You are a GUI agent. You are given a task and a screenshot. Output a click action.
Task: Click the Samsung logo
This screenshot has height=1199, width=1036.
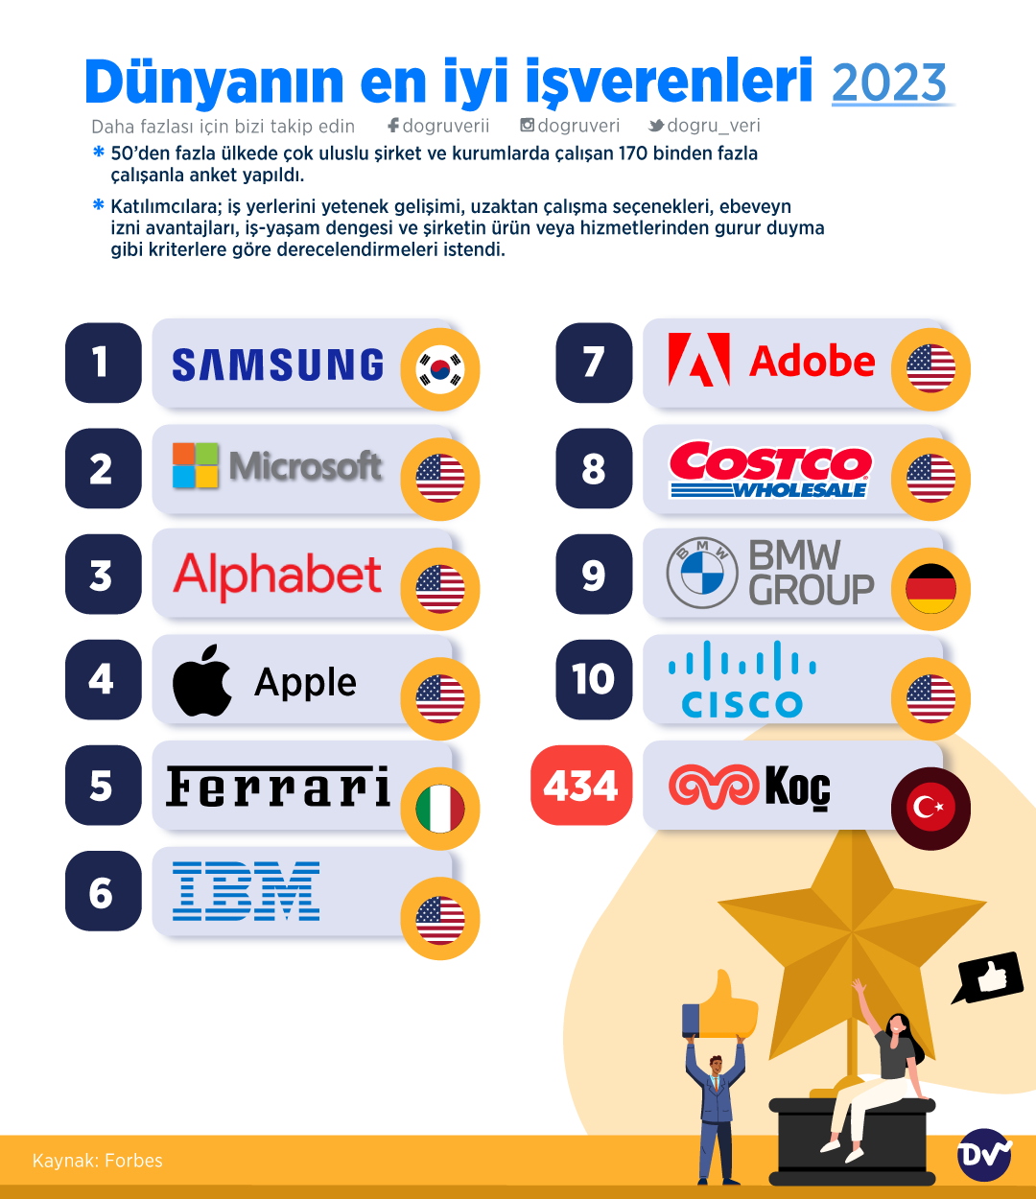[x=278, y=365]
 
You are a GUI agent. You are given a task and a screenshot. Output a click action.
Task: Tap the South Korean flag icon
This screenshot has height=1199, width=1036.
[x=440, y=369]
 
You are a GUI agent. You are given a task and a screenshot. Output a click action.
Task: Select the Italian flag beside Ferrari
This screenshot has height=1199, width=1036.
[x=440, y=809]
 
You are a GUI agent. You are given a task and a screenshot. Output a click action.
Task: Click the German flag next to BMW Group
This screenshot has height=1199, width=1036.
[x=930, y=588]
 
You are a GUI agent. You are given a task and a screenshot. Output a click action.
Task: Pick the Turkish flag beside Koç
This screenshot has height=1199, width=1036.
[x=930, y=808]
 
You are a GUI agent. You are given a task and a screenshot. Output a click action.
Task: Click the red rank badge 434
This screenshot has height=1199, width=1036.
[x=581, y=786]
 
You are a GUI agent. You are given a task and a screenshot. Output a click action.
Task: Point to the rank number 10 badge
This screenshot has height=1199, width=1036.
[x=594, y=679]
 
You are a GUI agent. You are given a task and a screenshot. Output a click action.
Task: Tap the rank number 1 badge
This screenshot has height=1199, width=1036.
[x=103, y=363]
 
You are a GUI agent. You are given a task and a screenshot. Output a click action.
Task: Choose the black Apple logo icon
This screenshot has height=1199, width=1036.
[x=201, y=681]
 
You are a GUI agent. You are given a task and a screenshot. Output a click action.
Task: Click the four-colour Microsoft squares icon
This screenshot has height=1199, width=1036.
[x=196, y=465]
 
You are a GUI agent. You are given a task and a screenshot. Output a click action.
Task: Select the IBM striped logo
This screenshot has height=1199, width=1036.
[x=247, y=891]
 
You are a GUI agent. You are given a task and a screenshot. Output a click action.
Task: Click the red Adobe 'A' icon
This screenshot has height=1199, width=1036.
[x=698, y=361]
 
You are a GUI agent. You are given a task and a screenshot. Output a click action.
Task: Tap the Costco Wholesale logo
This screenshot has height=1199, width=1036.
[x=770, y=469]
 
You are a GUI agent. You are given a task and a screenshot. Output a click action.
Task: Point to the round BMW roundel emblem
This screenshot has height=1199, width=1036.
[x=701, y=574]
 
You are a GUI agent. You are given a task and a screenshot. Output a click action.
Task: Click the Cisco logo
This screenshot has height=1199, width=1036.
[x=742, y=679]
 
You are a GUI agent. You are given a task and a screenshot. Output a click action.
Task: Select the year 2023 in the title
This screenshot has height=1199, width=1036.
[x=889, y=83]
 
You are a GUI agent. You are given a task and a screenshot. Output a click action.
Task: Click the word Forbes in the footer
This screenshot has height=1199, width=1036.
[x=133, y=1161]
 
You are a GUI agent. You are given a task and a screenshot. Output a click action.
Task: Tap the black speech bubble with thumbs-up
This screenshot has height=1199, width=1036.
[x=989, y=977]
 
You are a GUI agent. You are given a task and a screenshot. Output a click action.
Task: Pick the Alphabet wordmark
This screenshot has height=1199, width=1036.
[x=277, y=575]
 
